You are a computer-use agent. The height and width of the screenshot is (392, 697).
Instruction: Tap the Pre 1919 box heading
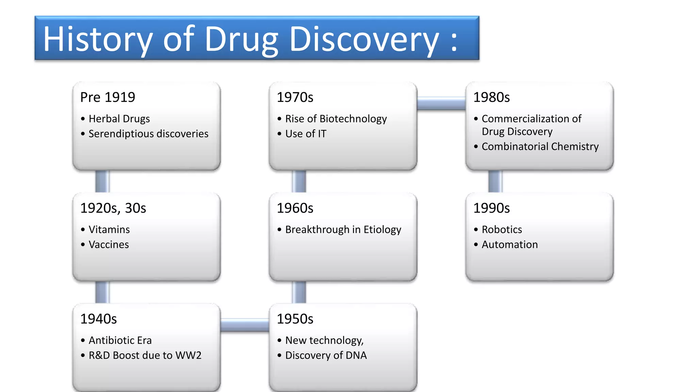[x=108, y=97]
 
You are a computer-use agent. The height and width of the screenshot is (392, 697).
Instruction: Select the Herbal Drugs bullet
[x=119, y=119]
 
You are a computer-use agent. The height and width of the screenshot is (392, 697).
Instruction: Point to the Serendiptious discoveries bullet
[x=148, y=134]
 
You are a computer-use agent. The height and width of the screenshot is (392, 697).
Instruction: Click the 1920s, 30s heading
[x=113, y=208]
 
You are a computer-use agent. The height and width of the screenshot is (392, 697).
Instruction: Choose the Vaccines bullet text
[x=109, y=245]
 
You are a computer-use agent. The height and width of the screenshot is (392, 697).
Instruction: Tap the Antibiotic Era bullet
[x=120, y=340]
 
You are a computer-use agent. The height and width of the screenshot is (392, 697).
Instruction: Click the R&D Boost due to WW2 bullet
[x=145, y=355]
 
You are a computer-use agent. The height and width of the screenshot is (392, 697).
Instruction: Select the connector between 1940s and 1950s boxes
[x=245, y=325]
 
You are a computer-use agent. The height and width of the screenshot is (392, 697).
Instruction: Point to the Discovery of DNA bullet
[x=326, y=355]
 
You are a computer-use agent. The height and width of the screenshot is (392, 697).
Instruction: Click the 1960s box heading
[x=295, y=208]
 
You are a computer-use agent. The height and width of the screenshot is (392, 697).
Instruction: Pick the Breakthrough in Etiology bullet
[x=343, y=230]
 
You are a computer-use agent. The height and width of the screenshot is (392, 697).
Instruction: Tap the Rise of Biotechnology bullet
[x=336, y=119]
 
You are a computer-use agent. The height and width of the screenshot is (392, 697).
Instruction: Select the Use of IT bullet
[x=306, y=134]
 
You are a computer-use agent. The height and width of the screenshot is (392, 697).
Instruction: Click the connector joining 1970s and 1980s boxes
[x=441, y=103]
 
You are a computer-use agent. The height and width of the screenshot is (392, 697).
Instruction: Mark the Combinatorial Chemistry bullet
[x=540, y=147]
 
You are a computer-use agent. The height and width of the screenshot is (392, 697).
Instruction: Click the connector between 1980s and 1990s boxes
[x=495, y=181]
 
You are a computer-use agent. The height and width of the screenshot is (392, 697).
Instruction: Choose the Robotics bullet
[x=502, y=230]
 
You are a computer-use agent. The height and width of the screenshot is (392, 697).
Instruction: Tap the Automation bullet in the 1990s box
[x=509, y=245]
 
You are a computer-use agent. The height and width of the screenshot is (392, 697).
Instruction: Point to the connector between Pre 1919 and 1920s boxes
[x=102, y=181]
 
